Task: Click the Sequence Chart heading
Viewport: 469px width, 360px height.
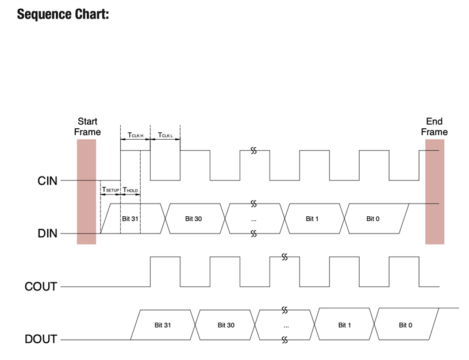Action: [63, 13]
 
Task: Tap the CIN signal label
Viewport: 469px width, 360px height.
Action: [47, 181]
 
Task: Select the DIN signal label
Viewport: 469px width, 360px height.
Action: [47, 234]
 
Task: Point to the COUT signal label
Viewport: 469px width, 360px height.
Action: [41, 286]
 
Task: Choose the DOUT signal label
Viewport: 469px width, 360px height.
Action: [41, 339]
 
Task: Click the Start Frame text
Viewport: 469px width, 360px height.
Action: [87, 127]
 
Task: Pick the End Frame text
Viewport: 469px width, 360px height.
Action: [434, 127]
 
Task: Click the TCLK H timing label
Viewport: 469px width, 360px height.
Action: [135, 136]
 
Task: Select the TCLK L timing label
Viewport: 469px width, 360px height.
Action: [165, 136]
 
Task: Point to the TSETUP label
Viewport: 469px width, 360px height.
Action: [110, 189]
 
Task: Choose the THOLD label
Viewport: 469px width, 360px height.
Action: [130, 189]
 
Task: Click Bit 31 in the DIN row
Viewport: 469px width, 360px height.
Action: [130, 219]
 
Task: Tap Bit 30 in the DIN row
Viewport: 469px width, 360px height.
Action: [194, 219]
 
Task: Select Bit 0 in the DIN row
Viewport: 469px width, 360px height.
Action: [373, 219]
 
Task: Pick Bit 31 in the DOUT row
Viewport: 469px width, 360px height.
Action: [163, 325]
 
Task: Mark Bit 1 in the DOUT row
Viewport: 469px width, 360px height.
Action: [344, 325]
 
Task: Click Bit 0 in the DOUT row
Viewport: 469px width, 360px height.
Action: [406, 325]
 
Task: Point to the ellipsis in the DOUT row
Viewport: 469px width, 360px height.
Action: [286, 325]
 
